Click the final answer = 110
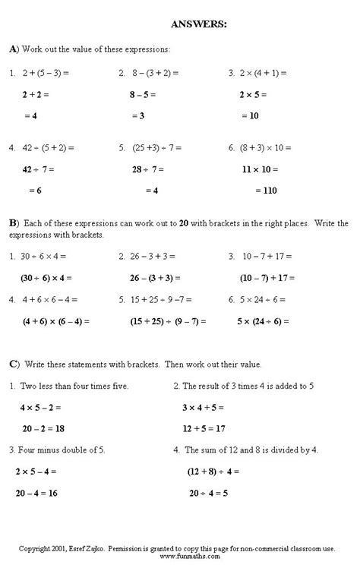coord(255,191)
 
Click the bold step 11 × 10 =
coord(259,170)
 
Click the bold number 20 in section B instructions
coord(184,224)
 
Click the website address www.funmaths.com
coord(180,556)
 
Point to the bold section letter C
coord(13,364)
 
